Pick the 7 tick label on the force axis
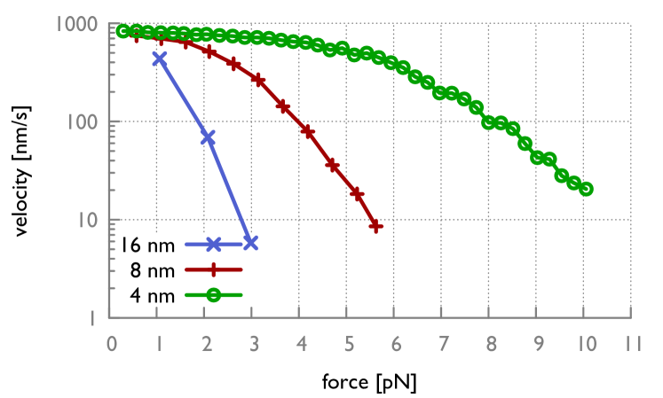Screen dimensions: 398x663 (442, 342)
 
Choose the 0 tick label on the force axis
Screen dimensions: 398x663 (111, 342)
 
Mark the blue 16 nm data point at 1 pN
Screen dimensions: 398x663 (160, 59)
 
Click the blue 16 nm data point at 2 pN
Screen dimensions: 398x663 (208, 137)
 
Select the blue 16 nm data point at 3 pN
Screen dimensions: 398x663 (251, 243)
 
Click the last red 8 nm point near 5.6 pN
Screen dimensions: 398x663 (376, 226)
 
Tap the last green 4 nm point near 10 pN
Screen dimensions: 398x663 (586, 189)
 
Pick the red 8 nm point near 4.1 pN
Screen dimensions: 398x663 (308, 132)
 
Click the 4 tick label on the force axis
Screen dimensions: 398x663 (300, 342)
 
